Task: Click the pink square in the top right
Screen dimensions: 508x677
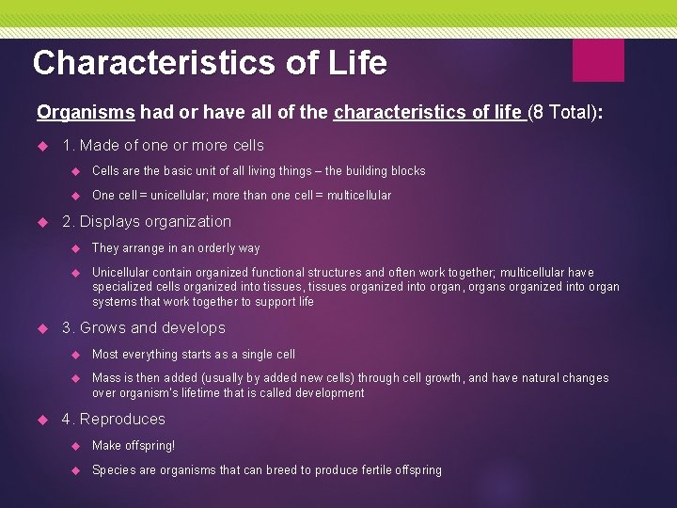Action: (x=598, y=60)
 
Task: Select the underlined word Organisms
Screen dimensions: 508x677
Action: (x=87, y=113)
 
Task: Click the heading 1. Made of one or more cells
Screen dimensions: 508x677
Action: (x=163, y=146)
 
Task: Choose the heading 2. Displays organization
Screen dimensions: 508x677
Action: (x=146, y=222)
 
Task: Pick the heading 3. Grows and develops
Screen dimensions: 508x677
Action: (x=143, y=328)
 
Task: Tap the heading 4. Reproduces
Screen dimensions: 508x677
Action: (x=113, y=420)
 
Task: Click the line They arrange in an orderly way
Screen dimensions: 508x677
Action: (x=176, y=248)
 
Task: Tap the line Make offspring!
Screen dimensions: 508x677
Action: (x=134, y=446)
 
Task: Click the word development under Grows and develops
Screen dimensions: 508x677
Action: (x=329, y=393)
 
